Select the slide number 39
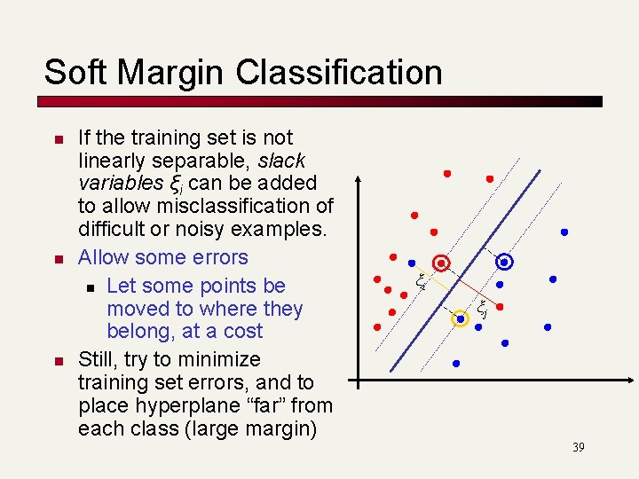point(578,447)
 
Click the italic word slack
point(281,161)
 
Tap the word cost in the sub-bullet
point(243,332)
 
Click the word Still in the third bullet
point(97,359)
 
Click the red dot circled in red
point(441,263)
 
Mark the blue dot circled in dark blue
point(504,262)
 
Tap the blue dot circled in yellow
point(461,318)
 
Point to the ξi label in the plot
point(422,283)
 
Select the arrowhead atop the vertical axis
point(357,179)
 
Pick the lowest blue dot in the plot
point(456,364)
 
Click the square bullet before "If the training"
point(55,140)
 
